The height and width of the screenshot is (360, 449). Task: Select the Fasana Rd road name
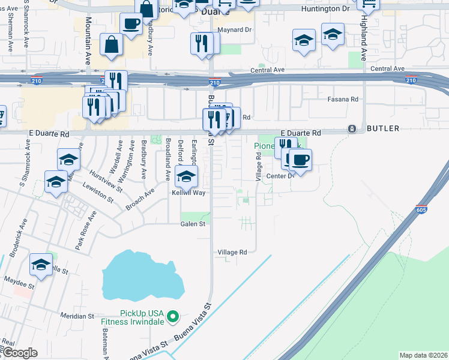[342, 99]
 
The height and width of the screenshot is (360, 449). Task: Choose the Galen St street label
[193, 224]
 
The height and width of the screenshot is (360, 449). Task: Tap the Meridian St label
[77, 316]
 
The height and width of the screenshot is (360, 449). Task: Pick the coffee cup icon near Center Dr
[300, 160]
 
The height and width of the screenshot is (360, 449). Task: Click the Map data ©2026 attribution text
[423, 355]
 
